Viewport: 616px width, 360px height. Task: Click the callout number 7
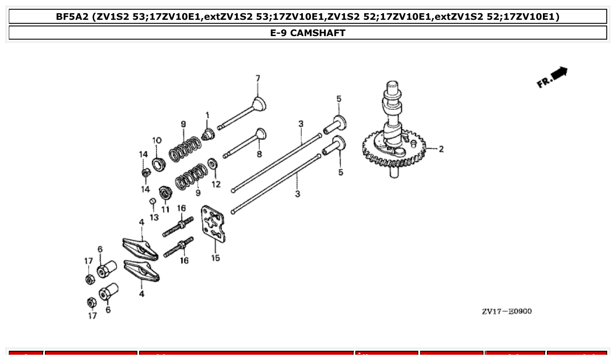tap(258, 79)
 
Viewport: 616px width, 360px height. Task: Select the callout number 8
tap(259, 154)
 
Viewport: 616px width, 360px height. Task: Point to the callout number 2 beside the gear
tap(441, 149)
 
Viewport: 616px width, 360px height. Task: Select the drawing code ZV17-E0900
tap(506, 312)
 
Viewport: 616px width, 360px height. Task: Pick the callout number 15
tap(215, 258)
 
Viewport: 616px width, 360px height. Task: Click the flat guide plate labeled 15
tap(213, 224)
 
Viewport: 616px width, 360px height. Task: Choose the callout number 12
tap(216, 184)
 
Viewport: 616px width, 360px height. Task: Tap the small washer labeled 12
tap(212, 164)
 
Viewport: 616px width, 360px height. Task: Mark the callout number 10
tap(157, 140)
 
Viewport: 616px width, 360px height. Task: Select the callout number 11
tap(165, 209)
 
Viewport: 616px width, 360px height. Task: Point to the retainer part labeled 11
tap(165, 192)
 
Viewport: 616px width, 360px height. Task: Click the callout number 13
tap(154, 217)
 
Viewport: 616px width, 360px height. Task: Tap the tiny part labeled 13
tap(152, 202)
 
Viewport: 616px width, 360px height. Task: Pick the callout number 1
tap(207, 115)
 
